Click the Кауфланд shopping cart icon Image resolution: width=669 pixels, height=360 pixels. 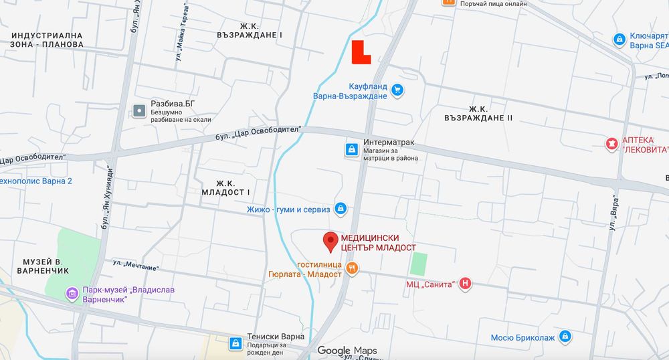[x=398, y=90]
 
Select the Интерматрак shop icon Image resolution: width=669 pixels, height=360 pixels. [x=351, y=149]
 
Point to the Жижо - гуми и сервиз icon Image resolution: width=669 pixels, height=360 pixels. [x=341, y=209]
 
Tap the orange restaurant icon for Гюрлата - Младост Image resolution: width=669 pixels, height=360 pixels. [x=353, y=269]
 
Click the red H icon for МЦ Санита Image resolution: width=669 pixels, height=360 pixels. [x=466, y=284]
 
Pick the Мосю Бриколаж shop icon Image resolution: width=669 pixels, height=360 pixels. [x=565, y=337]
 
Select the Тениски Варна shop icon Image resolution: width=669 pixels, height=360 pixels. [x=235, y=343]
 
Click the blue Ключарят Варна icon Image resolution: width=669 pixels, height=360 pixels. [x=620, y=41]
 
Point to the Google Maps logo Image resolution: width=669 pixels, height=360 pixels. [x=347, y=351]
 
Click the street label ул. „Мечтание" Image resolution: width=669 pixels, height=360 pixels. [x=136, y=265]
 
